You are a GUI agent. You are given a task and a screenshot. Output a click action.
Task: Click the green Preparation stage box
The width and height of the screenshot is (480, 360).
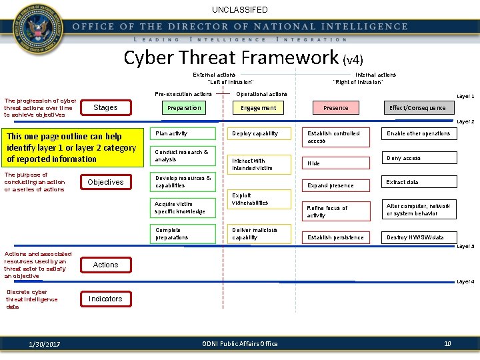coord(184,108)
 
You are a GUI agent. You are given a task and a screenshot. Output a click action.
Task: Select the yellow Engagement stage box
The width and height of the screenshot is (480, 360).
coord(259,108)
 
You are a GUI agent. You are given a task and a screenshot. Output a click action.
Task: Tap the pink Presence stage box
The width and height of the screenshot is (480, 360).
coord(335,108)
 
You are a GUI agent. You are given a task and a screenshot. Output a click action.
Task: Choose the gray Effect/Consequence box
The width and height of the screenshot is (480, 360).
coord(418,108)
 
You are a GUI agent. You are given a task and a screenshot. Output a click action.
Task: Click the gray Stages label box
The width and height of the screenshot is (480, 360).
coord(105,107)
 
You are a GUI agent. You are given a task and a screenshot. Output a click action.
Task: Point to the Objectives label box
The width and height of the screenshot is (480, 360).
coord(105,182)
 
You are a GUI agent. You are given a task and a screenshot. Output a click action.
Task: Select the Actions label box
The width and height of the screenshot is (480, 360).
coord(105,265)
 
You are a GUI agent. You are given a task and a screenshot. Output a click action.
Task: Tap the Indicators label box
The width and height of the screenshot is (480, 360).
coord(105,299)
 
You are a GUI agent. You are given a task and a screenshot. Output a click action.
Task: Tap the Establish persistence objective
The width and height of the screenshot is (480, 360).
coord(335,237)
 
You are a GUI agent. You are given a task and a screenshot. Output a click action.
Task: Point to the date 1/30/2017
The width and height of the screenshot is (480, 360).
coord(45,344)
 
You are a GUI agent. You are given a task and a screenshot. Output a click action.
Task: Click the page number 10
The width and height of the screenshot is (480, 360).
coord(447,343)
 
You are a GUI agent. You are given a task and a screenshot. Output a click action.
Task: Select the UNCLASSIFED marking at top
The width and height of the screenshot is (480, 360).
coord(240,10)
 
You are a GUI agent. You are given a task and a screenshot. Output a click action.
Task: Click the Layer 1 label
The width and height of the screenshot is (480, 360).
coord(465,97)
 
